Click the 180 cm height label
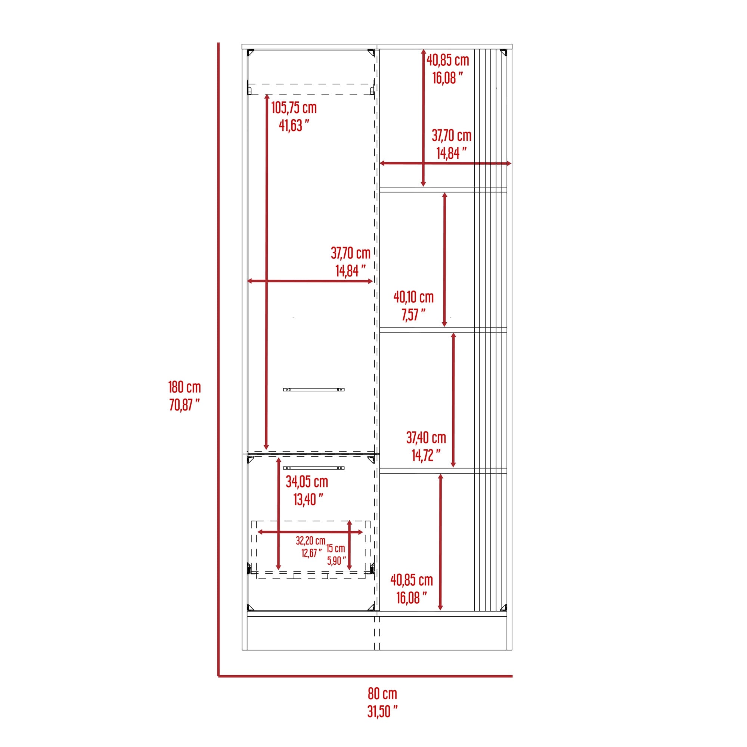185,387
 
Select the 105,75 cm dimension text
294,108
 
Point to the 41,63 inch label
294,125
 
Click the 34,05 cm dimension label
307,482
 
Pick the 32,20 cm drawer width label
310,540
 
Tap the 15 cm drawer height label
335,548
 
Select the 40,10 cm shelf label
413,297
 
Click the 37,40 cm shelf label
426,438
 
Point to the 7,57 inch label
413,315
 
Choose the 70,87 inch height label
185,405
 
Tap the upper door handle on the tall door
314,390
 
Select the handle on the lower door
314,468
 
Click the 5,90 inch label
337,561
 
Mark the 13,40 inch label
308,499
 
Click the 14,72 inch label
426,455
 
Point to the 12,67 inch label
311,553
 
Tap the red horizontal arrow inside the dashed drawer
310,532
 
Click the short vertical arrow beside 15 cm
350,545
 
